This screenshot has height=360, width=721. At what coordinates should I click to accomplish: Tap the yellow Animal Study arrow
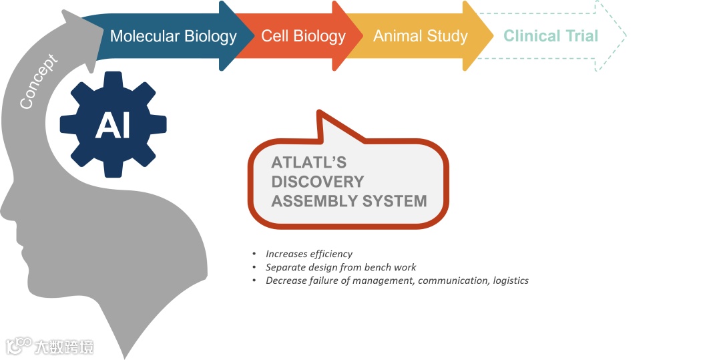(x=421, y=36)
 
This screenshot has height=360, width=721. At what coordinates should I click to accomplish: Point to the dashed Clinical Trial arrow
(x=551, y=36)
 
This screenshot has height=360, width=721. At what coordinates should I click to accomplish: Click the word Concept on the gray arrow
(x=39, y=81)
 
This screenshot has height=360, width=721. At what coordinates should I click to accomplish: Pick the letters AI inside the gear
(x=113, y=125)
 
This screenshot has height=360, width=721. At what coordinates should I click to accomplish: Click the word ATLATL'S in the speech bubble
(x=309, y=163)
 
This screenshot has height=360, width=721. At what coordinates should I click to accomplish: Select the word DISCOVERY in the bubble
(x=318, y=182)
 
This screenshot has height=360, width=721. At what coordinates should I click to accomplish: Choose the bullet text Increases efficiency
(x=309, y=254)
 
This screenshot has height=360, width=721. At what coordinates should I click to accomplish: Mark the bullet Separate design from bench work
(x=341, y=267)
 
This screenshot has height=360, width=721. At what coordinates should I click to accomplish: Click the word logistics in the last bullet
(x=511, y=281)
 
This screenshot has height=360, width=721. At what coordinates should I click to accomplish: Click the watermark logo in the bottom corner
(x=19, y=346)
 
